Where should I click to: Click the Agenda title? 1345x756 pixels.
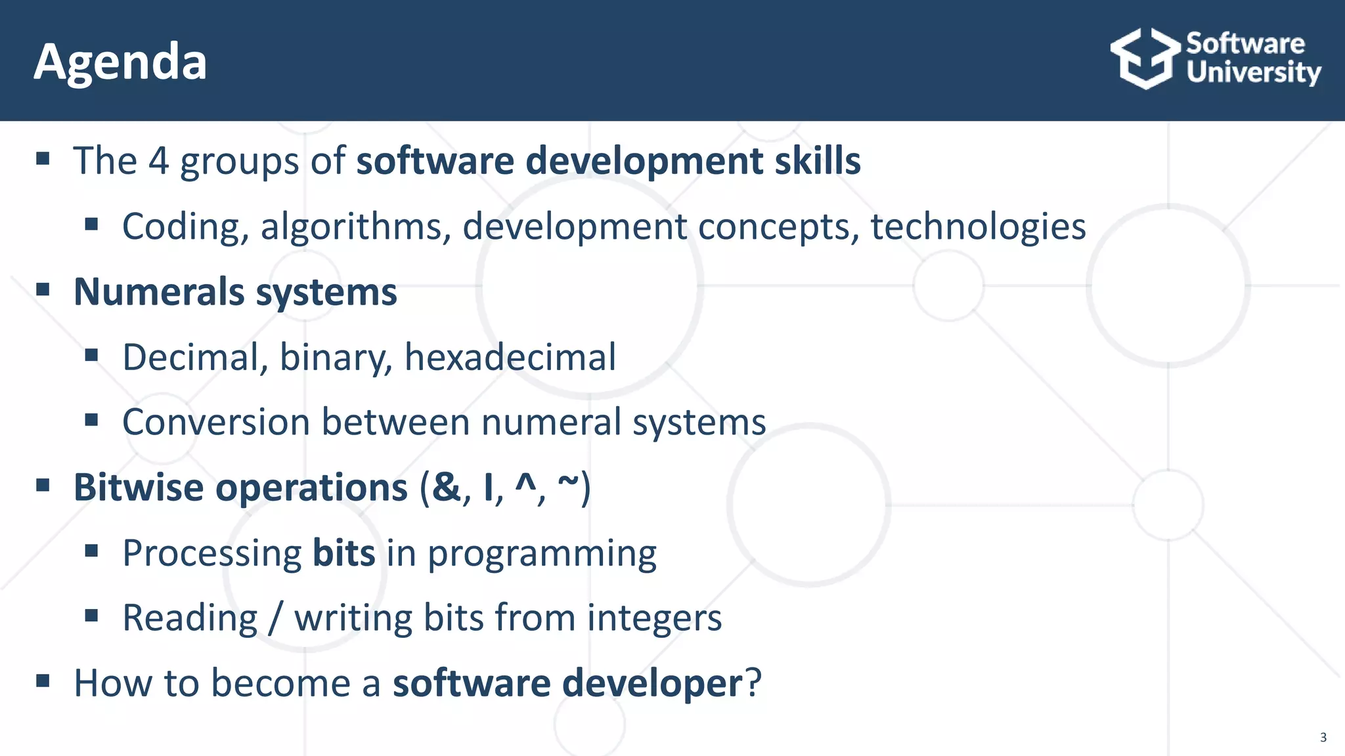(120, 62)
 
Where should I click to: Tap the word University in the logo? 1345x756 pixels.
(1253, 72)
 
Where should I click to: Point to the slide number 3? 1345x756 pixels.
(1323, 738)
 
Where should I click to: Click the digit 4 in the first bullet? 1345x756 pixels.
(158, 161)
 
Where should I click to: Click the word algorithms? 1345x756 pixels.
(355, 227)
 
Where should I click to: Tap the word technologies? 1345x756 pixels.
(978, 227)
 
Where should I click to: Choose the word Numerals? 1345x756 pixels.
(158, 292)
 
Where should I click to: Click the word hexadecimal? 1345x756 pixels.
(510, 358)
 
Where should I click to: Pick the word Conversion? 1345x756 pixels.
(216, 422)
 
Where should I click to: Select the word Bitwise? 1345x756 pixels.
(139, 488)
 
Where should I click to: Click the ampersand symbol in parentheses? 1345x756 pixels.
(447, 488)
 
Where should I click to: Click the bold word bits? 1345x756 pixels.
(343, 553)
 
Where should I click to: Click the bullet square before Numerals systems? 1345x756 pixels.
(43, 289)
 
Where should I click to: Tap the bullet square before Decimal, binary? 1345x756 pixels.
(91, 355)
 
